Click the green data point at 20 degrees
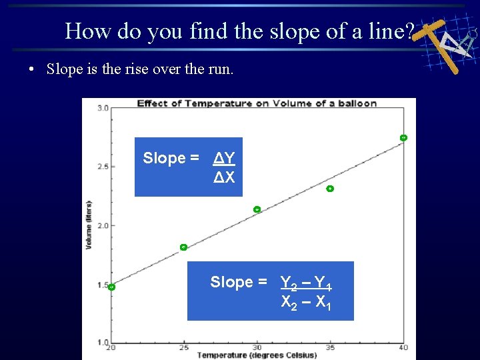(x=111, y=287)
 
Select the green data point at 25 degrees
(x=183, y=247)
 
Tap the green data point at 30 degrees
(x=257, y=209)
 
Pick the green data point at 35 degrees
(x=329, y=189)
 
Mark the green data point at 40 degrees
(x=403, y=137)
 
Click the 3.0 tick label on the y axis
(x=103, y=107)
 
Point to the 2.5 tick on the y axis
(x=103, y=166)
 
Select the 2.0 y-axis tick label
(x=103, y=225)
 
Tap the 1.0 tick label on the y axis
(x=103, y=342)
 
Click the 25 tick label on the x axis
(x=183, y=347)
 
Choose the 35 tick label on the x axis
(x=330, y=347)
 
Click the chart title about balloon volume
(x=257, y=103)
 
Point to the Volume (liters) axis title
(x=89, y=225)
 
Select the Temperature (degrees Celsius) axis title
(x=247, y=355)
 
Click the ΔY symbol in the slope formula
(x=224, y=158)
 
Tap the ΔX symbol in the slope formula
(x=224, y=177)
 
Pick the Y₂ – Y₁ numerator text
(x=306, y=283)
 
